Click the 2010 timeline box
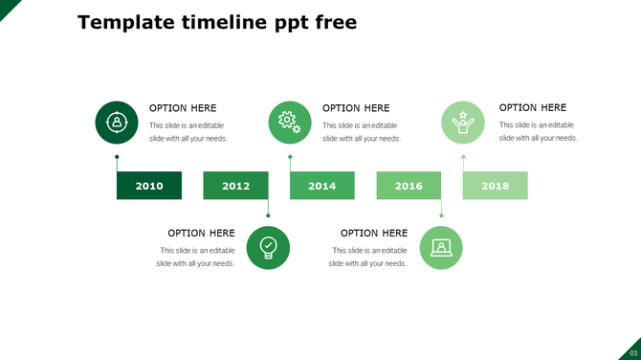(149, 186)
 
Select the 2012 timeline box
(235, 186)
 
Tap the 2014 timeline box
(322, 186)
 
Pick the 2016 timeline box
(409, 186)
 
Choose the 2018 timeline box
(496, 186)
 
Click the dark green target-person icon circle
(116, 123)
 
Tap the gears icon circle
(290, 123)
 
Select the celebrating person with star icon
(463, 123)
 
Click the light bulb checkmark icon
(268, 247)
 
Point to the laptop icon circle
(441, 247)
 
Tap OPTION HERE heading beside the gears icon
(356, 108)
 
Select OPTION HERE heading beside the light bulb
(201, 233)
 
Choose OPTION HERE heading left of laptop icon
(374, 233)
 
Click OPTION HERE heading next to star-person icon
(533, 108)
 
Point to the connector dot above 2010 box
(117, 157)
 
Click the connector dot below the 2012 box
(268, 214)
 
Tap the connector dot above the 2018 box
(463, 157)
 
